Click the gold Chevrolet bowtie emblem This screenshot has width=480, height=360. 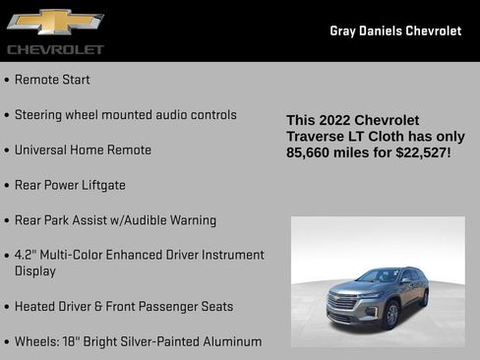[55, 22]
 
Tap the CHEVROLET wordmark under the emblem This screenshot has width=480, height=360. [55, 49]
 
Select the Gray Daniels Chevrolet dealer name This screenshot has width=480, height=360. [395, 30]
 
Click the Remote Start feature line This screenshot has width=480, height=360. [52, 80]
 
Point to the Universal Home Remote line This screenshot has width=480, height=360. [83, 150]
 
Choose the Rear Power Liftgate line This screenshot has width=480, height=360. [70, 185]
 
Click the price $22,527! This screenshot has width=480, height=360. [419, 152]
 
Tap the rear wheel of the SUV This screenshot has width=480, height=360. [424, 297]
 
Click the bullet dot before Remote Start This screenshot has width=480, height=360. [8, 81]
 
